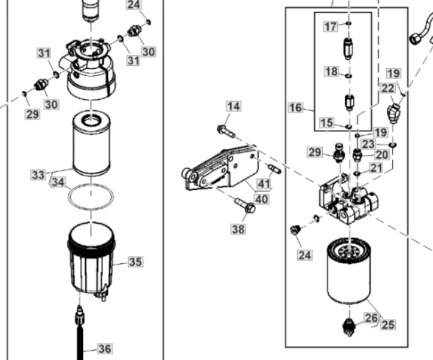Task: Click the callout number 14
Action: [x=234, y=107]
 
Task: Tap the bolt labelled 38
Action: [x=245, y=205]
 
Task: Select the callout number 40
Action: [x=261, y=199]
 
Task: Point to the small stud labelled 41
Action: [x=275, y=169]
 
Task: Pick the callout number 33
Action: [x=38, y=175]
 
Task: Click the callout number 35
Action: [x=135, y=262]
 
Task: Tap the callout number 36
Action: [x=105, y=348]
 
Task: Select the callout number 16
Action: [x=295, y=107]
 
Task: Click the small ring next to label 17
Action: [x=349, y=24]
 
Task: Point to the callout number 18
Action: [x=331, y=71]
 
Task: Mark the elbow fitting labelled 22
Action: [x=393, y=113]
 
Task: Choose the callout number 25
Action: [x=388, y=325]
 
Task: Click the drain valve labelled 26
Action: [x=349, y=327]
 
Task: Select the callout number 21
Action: [x=376, y=168]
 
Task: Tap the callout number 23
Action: [x=368, y=144]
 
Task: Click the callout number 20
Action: [x=382, y=155]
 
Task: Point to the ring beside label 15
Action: [x=349, y=127]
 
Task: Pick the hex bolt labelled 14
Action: [x=226, y=131]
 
